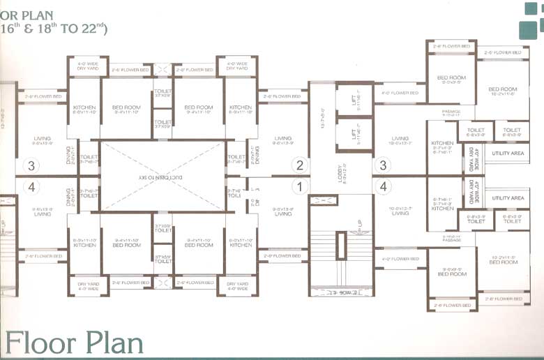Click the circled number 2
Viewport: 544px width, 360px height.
tap(301, 165)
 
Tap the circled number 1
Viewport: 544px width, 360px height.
tap(301, 186)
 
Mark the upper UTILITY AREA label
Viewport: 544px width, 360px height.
tap(508, 153)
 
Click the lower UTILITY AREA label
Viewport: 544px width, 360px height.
tap(508, 198)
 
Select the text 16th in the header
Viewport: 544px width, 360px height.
tap(12, 28)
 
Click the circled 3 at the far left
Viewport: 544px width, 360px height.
tap(30, 166)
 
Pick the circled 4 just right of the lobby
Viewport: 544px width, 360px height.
tap(382, 186)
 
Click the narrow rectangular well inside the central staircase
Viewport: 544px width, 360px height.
tap(340, 247)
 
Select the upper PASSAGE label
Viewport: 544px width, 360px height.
tap(451, 112)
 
